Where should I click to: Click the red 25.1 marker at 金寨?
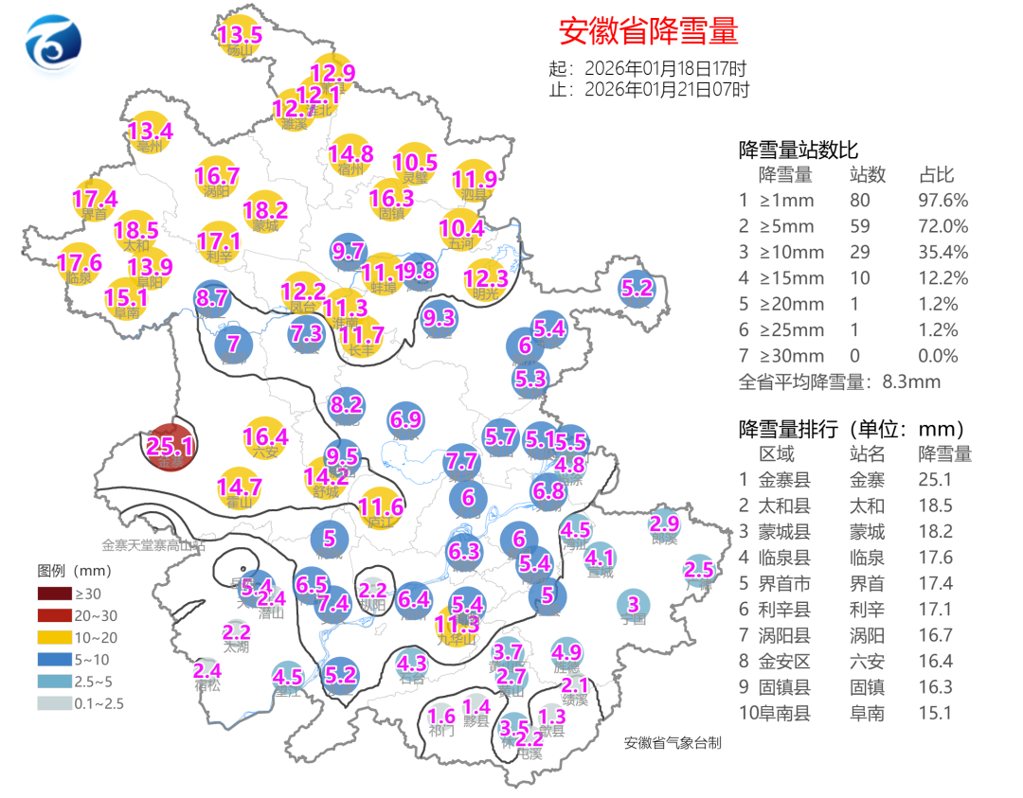coord(171,447)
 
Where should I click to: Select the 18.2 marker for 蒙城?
coord(265,211)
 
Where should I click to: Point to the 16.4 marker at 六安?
coord(265,437)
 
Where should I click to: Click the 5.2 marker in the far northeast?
coord(637,288)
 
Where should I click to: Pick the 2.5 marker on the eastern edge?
coord(698,570)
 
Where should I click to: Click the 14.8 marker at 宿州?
coord(350,154)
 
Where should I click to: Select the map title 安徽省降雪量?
coord(648,31)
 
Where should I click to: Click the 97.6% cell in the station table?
coord(942,201)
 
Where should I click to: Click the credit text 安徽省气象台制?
coord(673,743)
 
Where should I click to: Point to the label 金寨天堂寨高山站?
coord(153,545)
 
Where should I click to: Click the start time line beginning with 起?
coord(648,69)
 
